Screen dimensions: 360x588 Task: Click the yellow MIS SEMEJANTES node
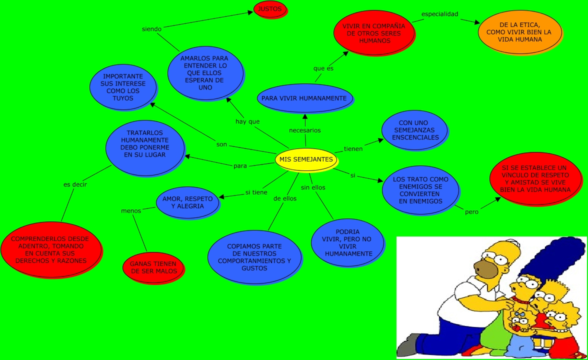click(305, 159)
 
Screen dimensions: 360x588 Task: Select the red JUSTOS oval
click(270, 9)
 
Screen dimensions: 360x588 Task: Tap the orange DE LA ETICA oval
click(519, 32)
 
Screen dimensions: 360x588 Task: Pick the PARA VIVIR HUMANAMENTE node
click(304, 98)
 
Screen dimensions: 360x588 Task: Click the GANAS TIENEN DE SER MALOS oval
click(153, 267)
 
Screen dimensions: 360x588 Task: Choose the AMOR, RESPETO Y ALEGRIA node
click(187, 202)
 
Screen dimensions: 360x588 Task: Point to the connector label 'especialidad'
click(439, 14)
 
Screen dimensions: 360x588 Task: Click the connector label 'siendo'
click(151, 29)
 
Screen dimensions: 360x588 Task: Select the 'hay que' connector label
click(247, 121)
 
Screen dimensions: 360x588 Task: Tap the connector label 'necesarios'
click(305, 130)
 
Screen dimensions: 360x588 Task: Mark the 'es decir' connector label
click(75, 184)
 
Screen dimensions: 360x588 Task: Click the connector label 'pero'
click(471, 212)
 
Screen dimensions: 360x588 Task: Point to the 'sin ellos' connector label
click(313, 187)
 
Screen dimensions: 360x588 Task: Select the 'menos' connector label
click(131, 210)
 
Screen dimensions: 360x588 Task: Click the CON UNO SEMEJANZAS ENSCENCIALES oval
click(415, 130)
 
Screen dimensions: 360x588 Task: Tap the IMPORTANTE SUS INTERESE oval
click(122, 87)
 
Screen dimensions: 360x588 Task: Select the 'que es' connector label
click(323, 68)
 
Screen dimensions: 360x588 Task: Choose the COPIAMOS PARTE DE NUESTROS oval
click(254, 257)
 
